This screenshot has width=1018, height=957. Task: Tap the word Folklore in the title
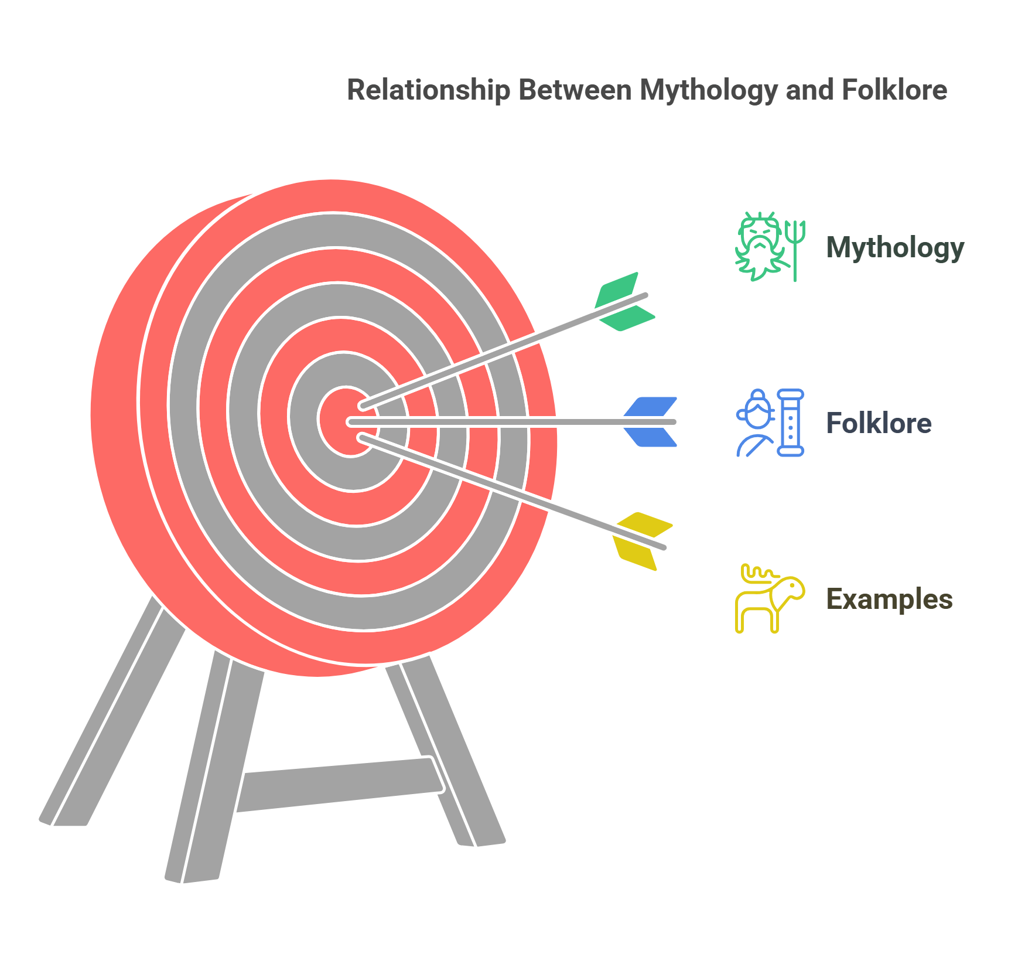(x=894, y=91)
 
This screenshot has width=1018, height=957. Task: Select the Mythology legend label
(x=894, y=247)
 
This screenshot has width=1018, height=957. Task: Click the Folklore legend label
(x=878, y=423)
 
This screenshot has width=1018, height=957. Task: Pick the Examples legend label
(x=889, y=599)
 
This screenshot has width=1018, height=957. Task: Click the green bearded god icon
(x=760, y=246)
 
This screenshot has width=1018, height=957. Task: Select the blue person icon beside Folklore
(x=756, y=423)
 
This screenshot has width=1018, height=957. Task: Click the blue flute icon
(x=791, y=423)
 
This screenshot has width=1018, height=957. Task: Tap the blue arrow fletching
(x=650, y=422)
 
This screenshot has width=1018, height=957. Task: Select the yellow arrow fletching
(x=642, y=541)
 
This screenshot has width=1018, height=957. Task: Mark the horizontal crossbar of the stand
(x=340, y=784)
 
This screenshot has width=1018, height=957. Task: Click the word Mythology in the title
(x=708, y=91)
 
